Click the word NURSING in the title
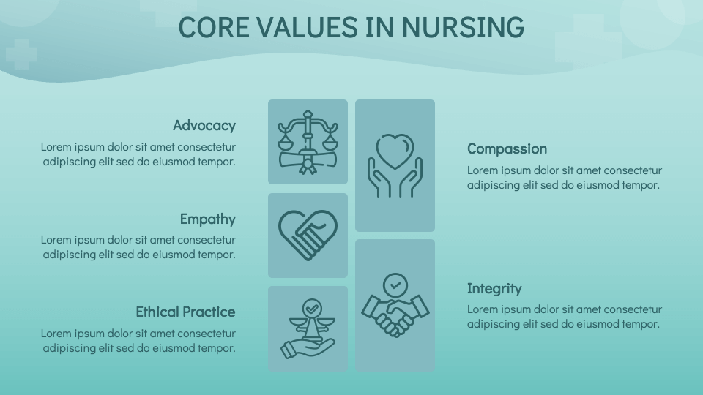point(463,27)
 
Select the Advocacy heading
point(204,125)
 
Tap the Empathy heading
point(208,219)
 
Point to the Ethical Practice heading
point(185,312)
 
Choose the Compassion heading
point(507,148)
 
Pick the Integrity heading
point(494,288)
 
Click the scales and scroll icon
point(308,141)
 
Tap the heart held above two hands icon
point(395,165)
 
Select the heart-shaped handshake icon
point(308,235)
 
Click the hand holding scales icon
point(308,328)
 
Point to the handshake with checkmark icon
point(395,305)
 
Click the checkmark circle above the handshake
point(395,283)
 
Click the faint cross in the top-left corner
point(21,54)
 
